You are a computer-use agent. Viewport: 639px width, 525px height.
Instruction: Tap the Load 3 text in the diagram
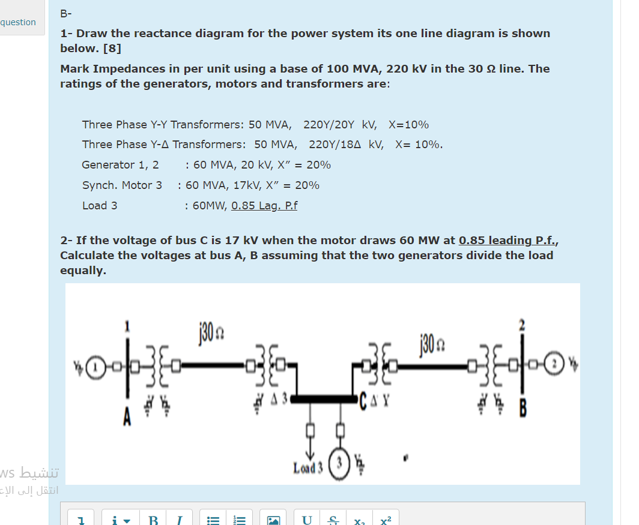click(308, 467)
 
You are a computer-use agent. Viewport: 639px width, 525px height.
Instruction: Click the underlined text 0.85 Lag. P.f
click(264, 206)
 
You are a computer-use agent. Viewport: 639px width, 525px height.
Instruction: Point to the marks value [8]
click(112, 47)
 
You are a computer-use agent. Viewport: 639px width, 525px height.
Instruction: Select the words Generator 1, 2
click(121, 165)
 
